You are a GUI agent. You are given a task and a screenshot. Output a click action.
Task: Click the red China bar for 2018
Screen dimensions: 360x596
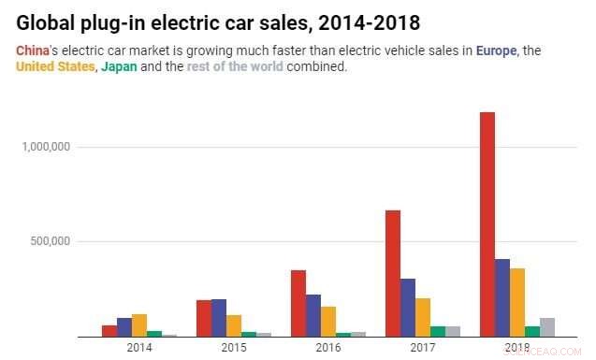click(487, 224)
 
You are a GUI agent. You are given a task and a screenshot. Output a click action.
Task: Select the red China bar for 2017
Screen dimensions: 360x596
click(392, 273)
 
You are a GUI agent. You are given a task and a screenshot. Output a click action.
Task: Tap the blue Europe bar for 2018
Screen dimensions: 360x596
click(502, 297)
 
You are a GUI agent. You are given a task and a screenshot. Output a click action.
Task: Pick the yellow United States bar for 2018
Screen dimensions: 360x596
click(517, 302)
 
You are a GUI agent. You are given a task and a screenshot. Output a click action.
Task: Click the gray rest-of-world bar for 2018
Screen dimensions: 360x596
click(547, 327)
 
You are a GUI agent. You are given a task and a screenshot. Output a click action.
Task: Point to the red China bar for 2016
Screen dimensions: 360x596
click(298, 303)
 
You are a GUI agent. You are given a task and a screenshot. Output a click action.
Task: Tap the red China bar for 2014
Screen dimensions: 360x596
click(109, 331)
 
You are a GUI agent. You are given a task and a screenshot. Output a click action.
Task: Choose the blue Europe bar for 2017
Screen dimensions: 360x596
click(408, 308)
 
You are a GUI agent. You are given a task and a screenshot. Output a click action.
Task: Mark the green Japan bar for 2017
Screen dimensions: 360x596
click(438, 332)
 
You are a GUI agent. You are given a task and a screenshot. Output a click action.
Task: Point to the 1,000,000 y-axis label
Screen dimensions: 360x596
click(45, 147)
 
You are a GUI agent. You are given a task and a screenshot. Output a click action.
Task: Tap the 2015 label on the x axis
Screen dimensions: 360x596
click(234, 348)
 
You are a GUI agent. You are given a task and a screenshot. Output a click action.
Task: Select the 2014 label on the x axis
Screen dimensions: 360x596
click(139, 348)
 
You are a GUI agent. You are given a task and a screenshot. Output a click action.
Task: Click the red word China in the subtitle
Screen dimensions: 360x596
click(32, 50)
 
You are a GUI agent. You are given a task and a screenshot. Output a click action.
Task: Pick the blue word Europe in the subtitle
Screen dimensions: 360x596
click(496, 50)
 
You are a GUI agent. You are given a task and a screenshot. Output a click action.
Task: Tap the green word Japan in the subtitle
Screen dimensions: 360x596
click(118, 66)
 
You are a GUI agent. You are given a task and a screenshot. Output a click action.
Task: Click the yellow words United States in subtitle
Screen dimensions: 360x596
click(55, 66)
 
